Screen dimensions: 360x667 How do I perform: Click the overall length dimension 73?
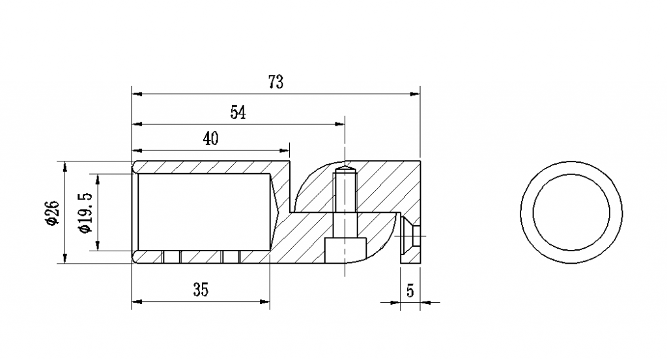276,83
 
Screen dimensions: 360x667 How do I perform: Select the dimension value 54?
238,113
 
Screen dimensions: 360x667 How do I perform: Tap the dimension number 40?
210,139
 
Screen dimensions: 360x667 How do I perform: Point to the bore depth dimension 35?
201,290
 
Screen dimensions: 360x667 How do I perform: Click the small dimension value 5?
410,290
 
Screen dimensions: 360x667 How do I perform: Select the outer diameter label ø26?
53,213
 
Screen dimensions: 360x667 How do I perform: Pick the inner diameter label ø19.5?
85,212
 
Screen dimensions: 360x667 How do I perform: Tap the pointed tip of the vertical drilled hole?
345,169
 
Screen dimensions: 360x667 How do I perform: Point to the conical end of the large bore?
273,212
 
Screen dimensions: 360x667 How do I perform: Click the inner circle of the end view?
571,212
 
